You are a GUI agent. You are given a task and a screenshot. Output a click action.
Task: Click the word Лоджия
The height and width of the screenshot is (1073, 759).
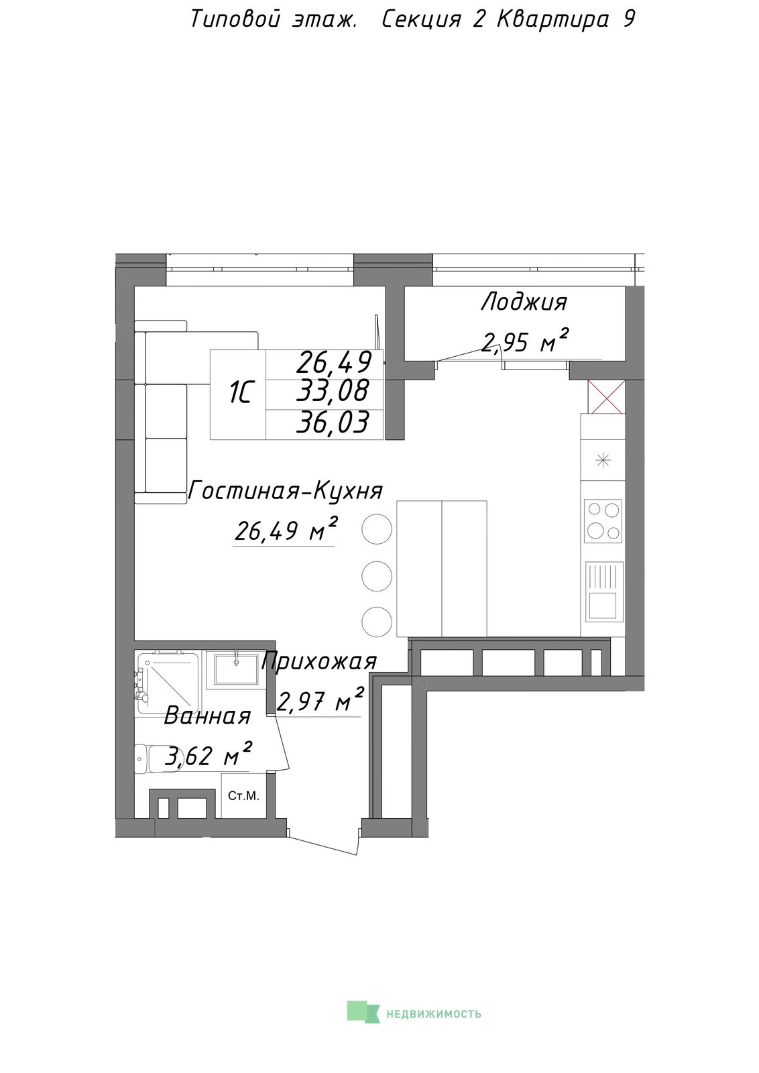524,302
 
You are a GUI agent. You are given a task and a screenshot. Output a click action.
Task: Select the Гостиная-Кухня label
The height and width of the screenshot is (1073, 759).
286,491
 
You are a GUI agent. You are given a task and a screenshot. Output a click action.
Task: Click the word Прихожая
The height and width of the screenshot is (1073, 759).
319,662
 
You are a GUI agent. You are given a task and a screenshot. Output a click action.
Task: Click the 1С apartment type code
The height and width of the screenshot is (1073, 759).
240,394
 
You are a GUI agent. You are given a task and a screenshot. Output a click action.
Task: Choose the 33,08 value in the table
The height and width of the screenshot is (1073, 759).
333,391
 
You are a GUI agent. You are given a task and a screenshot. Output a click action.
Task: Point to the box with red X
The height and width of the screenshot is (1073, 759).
605,397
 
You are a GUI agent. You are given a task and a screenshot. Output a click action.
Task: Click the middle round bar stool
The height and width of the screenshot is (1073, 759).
377,576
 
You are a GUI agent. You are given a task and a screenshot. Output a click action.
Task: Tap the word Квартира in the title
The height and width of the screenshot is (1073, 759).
553,20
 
